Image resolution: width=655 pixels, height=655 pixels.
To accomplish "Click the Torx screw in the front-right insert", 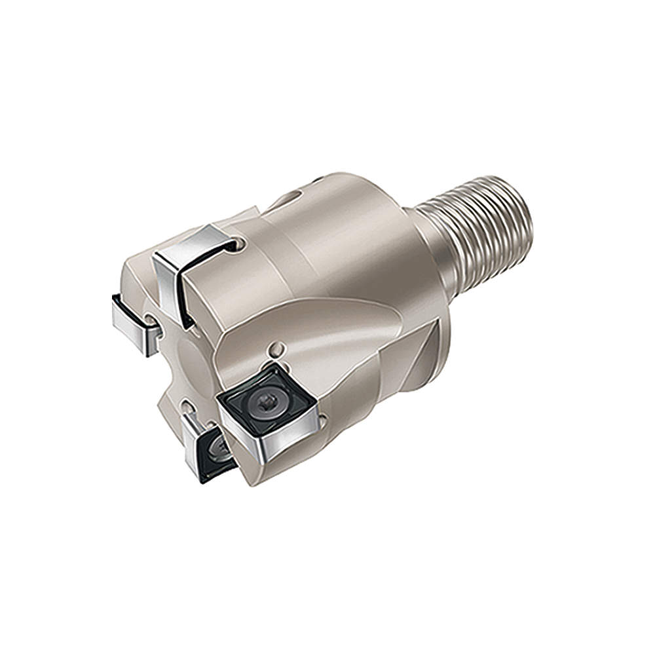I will [x=268, y=398].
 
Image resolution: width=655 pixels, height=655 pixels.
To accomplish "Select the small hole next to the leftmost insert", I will [x=151, y=320].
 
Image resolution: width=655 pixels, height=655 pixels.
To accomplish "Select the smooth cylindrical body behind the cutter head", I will [x=354, y=249].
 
